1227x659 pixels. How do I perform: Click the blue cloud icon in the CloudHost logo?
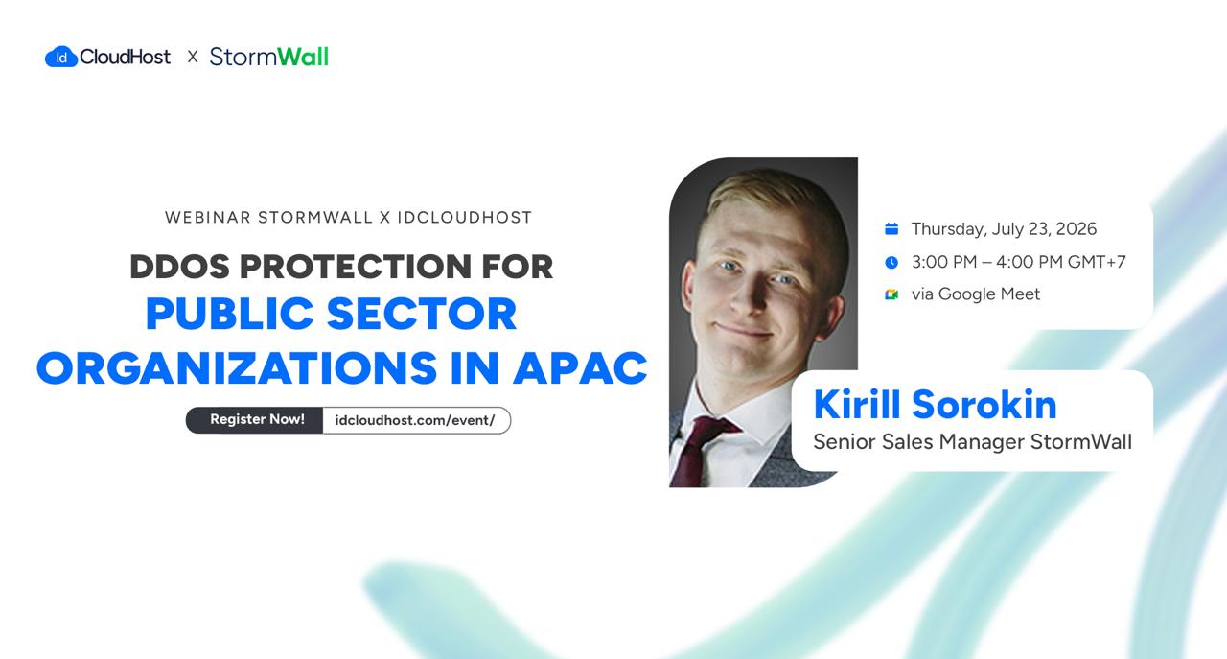click(x=60, y=57)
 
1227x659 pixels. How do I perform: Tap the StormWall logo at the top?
click(x=269, y=57)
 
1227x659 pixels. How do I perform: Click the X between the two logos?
click(x=193, y=57)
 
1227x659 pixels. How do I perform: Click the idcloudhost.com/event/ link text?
click(x=415, y=420)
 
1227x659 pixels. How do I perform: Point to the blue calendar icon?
click(x=891, y=228)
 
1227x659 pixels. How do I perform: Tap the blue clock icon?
click(x=891, y=262)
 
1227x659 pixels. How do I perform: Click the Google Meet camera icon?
click(x=891, y=294)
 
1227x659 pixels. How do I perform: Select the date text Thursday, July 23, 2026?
click(x=1004, y=229)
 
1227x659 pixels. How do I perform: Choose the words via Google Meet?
click(x=976, y=294)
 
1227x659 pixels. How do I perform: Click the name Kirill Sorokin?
click(x=935, y=405)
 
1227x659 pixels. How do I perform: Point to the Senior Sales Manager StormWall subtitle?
click(x=972, y=442)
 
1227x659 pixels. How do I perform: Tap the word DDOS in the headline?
click(x=179, y=267)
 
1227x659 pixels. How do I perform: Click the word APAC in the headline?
click(x=580, y=368)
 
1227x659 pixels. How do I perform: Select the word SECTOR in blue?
click(x=422, y=314)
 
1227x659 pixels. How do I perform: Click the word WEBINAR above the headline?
click(x=208, y=218)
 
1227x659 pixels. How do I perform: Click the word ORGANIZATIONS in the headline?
click(x=237, y=368)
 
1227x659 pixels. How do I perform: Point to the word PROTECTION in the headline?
click(x=356, y=267)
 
